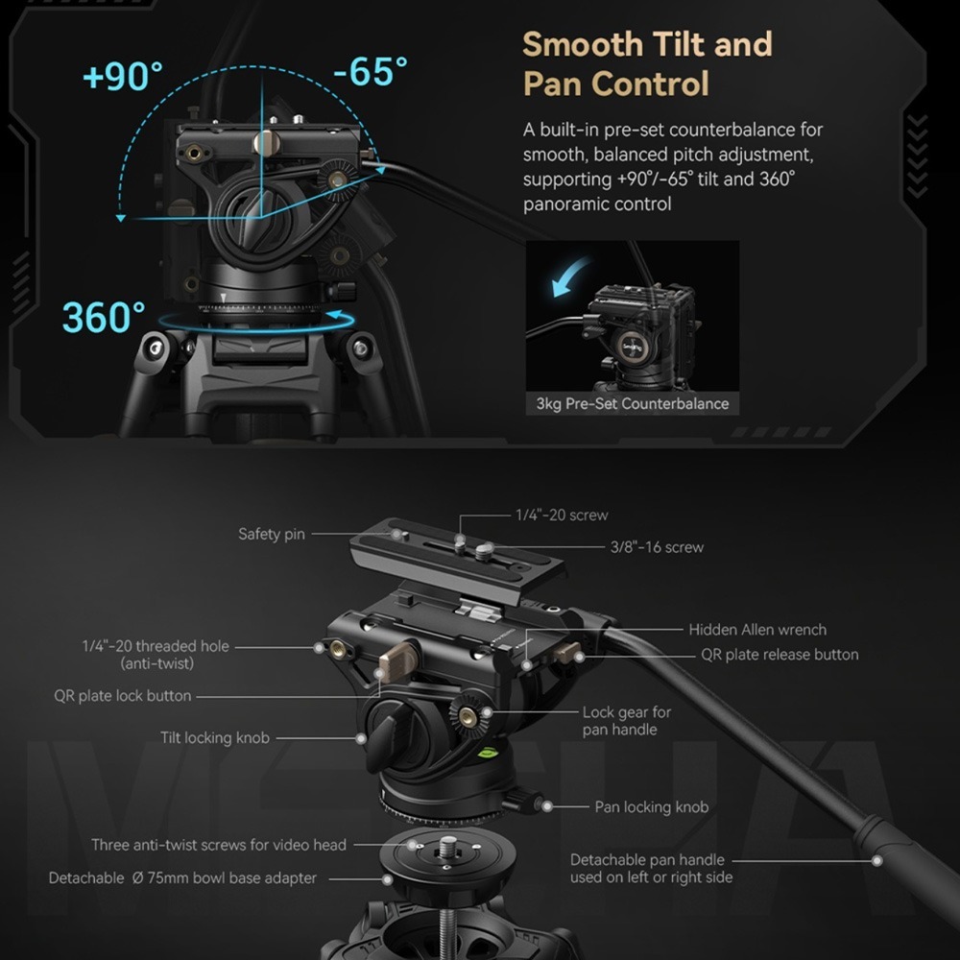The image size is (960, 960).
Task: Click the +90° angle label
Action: click(123, 76)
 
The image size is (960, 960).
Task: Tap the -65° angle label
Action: click(371, 72)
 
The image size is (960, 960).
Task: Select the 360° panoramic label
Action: click(104, 317)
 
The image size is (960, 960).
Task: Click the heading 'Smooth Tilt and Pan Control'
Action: click(647, 63)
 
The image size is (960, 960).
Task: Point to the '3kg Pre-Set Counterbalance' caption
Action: click(633, 403)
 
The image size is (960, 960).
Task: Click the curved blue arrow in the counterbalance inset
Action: click(570, 276)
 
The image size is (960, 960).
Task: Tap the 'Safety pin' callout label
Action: click(272, 534)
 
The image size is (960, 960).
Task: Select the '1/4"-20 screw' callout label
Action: click(562, 515)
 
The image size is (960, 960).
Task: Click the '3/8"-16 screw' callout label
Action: click(657, 547)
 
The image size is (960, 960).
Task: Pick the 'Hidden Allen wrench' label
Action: click(757, 630)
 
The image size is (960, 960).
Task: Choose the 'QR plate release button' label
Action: click(780, 655)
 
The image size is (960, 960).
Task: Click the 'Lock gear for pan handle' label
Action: click(626, 721)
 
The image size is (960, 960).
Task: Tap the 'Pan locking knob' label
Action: click(652, 807)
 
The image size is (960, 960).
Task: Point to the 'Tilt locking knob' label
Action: click(215, 737)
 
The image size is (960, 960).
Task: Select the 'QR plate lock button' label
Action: click(123, 695)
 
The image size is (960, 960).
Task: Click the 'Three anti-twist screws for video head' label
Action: click(219, 845)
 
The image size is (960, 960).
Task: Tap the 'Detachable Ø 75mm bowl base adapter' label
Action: click(182, 878)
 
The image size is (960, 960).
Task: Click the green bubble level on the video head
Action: click(487, 753)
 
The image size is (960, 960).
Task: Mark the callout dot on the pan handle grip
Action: click(877, 861)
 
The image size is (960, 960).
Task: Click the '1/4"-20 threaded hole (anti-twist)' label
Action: click(156, 655)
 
